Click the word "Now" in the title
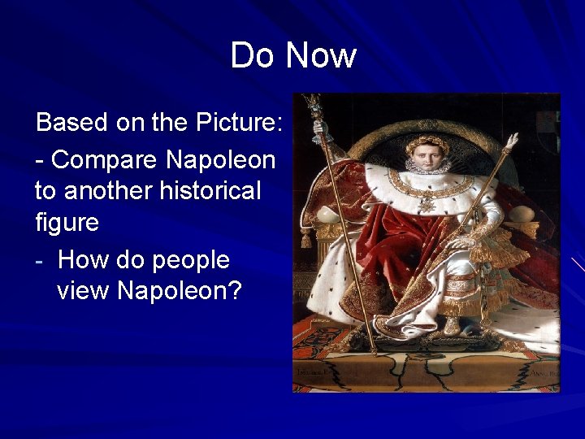coord(321,56)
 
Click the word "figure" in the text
coord(67,223)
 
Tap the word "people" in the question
coord(192,261)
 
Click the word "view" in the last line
coord(84,290)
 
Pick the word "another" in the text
coord(106,192)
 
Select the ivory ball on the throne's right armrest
coord(522,215)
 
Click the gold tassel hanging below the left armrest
coord(306,239)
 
